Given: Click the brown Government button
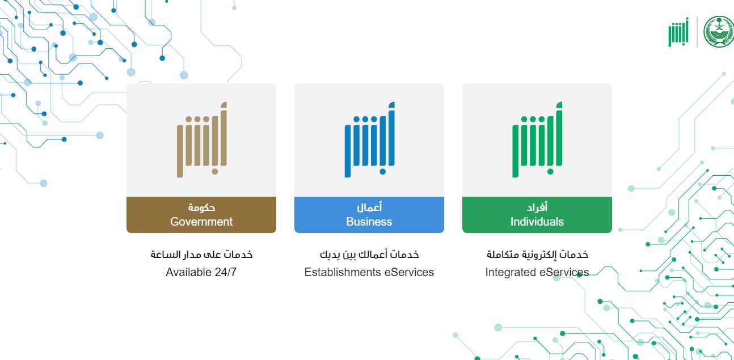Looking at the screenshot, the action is tap(201, 214).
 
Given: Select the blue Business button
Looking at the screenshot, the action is tap(369, 214).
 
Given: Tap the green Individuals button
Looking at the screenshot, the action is tap(537, 214).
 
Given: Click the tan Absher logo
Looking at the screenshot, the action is tap(202, 139).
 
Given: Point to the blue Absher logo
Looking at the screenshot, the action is tap(370, 139).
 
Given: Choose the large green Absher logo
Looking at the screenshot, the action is tap(537, 139).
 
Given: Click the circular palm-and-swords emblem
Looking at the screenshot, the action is tap(718, 32).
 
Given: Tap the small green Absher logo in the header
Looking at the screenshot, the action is tap(678, 32).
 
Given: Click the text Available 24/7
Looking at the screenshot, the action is tap(201, 272).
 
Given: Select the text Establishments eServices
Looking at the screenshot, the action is tap(369, 272).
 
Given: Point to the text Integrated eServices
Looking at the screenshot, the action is tap(537, 272).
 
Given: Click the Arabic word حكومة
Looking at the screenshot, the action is tap(201, 207).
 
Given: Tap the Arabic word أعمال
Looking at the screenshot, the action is tap(369, 207).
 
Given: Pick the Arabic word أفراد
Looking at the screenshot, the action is tap(537, 207).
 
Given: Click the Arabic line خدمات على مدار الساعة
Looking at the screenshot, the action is tap(201, 255).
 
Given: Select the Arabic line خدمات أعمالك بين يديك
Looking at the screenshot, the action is tap(369, 255).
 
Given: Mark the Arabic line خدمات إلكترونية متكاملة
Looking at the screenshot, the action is tap(537, 255).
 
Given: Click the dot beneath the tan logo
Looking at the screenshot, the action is tap(215, 171).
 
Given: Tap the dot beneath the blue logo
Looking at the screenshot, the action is tap(383, 171).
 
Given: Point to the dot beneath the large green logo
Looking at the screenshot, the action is tap(550, 171).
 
